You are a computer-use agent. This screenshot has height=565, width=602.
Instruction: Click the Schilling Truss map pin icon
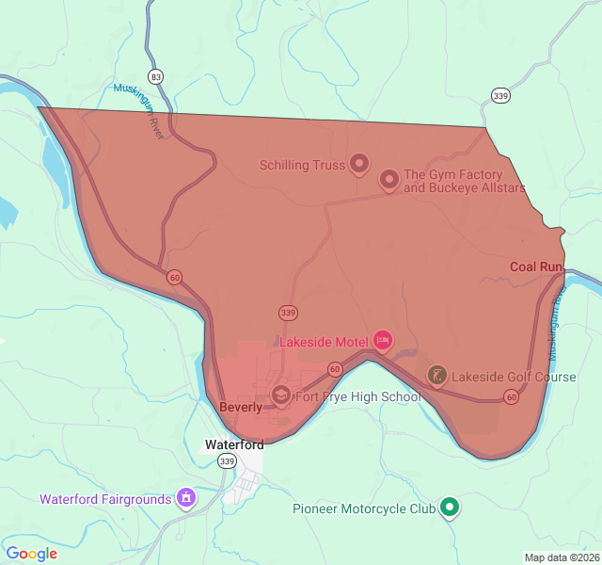[x=358, y=165]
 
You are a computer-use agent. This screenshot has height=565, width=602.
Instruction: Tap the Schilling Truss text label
[x=302, y=166]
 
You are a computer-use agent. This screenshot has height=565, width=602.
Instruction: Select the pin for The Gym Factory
[x=388, y=180]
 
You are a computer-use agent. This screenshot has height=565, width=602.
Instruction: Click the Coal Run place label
[x=535, y=266]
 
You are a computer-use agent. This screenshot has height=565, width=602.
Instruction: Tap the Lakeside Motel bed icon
[x=382, y=340]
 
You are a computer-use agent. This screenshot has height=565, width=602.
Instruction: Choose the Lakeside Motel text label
[x=322, y=341]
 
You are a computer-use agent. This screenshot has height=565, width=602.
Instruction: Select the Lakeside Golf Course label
[x=514, y=378]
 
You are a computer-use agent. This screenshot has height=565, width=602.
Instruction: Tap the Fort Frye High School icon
[x=280, y=396]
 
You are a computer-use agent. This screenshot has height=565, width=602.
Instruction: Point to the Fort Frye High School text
[x=358, y=396]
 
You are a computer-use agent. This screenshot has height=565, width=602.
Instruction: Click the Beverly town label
[x=240, y=408]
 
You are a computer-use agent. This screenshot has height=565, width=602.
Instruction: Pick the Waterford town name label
[x=234, y=444]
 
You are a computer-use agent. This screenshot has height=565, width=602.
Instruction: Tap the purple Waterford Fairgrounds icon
[x=186, y=497]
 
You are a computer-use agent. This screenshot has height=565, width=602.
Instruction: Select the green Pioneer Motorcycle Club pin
[x=450, y=508]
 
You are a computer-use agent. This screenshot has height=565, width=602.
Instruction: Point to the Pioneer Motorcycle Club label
[x=364, y=508]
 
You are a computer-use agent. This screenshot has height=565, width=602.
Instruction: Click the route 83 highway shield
[x=155, y=76]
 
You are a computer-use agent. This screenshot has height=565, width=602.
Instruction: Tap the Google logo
[x=31, y=554]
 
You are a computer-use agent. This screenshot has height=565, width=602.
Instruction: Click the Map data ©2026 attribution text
[x=561, y=557]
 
